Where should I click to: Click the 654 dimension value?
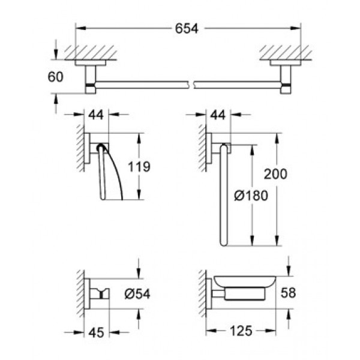point(187,28)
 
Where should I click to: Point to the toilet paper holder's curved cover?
point(114,174)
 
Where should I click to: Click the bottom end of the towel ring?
point(224,243)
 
